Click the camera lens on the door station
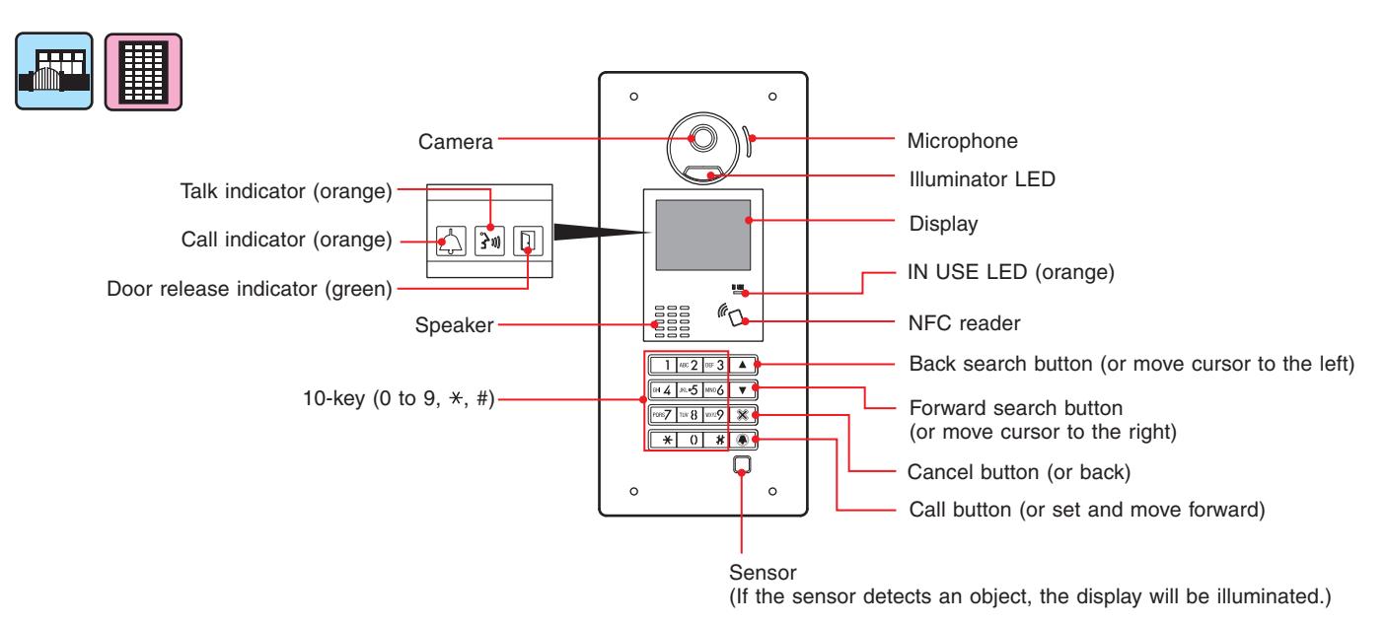point(702,138)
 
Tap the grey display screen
point(702,235)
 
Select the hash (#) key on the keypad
point(719,440)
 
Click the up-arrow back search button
point(743,365)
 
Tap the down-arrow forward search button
point(743,390)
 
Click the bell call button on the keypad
point(743,440)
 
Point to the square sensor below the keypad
point(742,465)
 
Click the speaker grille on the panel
point(673,321)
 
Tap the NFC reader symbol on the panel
point(731,313)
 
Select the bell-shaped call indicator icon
point(451,241)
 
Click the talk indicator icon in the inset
point(489,241)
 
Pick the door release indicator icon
point(528,241)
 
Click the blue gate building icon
point(54,71)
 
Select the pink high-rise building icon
point(144,72)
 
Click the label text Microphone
point(962,141)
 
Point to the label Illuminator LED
point(982,178)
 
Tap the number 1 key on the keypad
point(663,365)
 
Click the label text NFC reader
point(964,323)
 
